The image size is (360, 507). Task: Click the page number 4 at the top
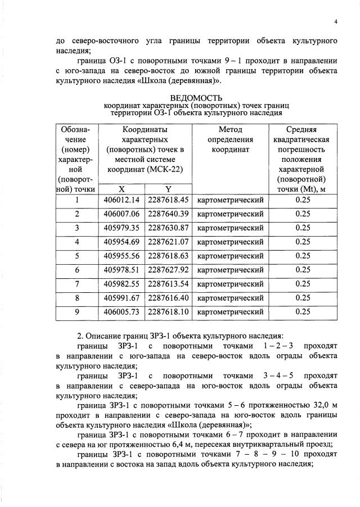(335, 21)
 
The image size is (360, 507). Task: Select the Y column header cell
(168, 189)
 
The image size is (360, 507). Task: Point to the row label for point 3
(76, 228)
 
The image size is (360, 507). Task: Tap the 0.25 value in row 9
(303, 311)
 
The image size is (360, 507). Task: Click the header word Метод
(230, 129)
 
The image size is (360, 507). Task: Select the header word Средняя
(303, 129)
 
